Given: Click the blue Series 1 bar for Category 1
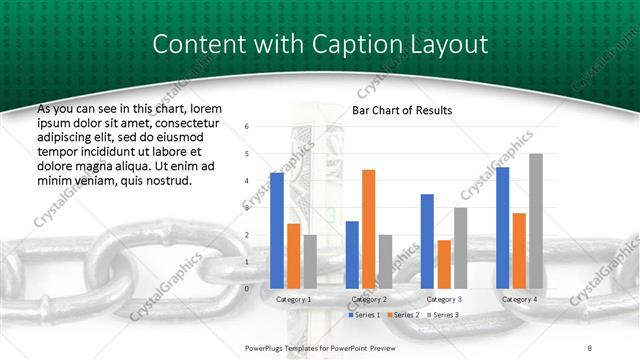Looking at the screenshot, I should click(x=277, y=230).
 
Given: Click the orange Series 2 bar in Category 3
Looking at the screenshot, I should click(x=444, y=264).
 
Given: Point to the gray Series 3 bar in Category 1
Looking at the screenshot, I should click(x=310, y=261).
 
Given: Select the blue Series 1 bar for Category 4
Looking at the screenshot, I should click(x=502, y=227).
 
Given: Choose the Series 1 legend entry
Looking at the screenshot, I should click(x=363, y=315).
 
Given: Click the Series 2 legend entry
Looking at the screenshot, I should click(x=403, y=315).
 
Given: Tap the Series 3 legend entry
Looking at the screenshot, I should click(x=444, y=315).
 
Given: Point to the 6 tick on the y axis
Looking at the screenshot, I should click(x=247, y=127).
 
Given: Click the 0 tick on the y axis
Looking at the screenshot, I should click(x=247, y=288).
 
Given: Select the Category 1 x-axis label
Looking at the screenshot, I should click(x=293, y=299).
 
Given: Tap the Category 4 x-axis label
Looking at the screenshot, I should click(x=519, y=299).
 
